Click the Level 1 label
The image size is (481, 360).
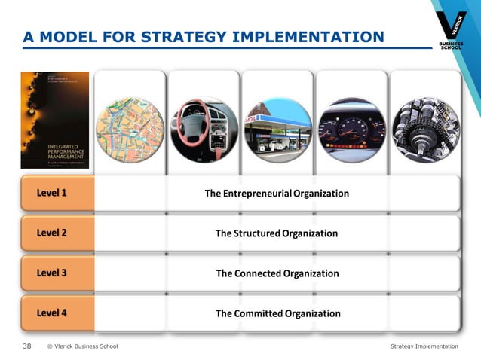(x=51, y=194)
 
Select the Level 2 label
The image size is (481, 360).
(x=51, y=233)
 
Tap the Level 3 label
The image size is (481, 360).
(x=51, y=273)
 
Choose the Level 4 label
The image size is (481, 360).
(x=51, y=313)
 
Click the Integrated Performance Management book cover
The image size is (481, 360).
(x=54, y=121)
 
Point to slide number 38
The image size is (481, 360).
(x=27, y=346)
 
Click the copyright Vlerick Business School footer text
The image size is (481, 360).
(x=82, y=346)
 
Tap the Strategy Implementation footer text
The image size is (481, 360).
(x=424, y=346)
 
